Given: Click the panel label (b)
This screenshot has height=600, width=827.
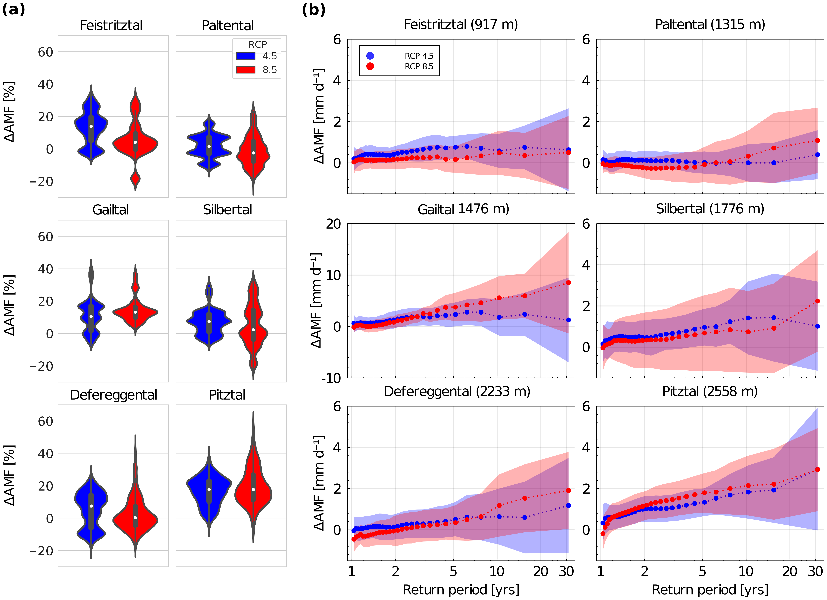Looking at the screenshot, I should (x=314, y=10).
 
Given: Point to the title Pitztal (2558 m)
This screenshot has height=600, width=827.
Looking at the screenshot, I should (x=710, y=391).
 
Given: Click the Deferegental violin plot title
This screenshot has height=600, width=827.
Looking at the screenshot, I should (x=113, y=395).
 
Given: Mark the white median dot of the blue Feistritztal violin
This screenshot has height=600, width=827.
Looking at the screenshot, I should (x=91, y=126).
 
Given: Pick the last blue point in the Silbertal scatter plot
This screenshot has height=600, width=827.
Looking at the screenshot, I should (x=818, y=326).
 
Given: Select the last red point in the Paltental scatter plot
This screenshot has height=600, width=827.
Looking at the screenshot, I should (x=818, y=140).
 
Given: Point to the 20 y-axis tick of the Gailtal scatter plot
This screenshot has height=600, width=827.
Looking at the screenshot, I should (x=333, y=224).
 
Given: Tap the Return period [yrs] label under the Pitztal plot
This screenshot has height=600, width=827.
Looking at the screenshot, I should (x=710, y=590).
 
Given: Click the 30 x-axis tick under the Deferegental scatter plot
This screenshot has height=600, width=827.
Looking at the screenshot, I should (x=566, y=571).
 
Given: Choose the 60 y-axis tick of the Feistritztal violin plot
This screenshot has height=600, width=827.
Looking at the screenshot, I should (x=46, y=52).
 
